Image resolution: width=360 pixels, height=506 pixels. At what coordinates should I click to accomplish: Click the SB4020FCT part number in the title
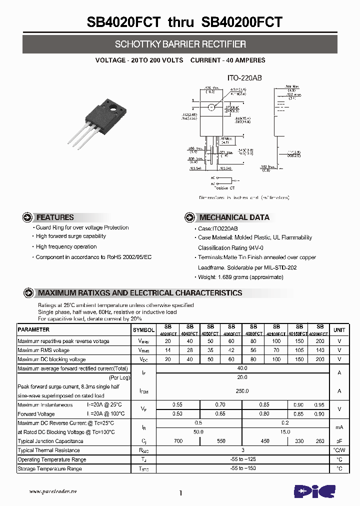[x=123, y=22]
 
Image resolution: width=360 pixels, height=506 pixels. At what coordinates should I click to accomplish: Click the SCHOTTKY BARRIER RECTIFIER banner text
[x=180, y=44]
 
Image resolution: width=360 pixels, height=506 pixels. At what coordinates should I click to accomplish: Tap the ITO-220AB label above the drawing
[x=245, y=78]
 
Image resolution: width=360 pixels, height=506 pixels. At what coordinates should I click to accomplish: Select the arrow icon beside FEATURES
[x=28, y=217]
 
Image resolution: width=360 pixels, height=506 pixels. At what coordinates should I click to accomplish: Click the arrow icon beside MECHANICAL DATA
[x=189, y=217]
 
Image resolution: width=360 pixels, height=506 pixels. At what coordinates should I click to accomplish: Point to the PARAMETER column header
[x=33, y=330]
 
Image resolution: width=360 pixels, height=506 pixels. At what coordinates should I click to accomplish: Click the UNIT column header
[x=339, y=330]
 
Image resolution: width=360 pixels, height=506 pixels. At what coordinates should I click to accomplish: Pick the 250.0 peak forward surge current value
[x=242, y=391]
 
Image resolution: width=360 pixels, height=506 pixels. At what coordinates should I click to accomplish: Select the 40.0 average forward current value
[x=242, y=368]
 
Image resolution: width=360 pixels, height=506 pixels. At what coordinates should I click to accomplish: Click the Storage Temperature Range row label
[x=49, y=469]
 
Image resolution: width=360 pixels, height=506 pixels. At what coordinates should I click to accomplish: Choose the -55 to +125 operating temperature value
[x=242, y=459]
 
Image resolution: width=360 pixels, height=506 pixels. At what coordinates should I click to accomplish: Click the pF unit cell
[x=339, y=441]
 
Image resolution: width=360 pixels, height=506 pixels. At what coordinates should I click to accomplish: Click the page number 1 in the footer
[x=180, y=493]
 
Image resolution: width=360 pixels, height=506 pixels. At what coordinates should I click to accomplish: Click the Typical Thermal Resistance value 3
[x=242, y=450]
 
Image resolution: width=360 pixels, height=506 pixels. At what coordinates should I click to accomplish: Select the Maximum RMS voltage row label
[x=43, y=350]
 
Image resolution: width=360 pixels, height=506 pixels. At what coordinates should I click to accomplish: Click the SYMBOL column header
[x=143, y=330]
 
